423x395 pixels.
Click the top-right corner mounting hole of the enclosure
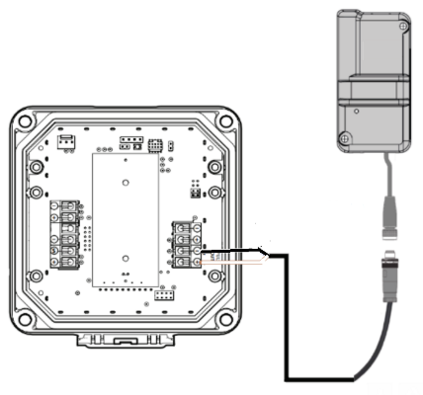[225, 120]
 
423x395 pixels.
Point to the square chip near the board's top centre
[156, 144]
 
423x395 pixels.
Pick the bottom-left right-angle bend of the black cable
[287, 377]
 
